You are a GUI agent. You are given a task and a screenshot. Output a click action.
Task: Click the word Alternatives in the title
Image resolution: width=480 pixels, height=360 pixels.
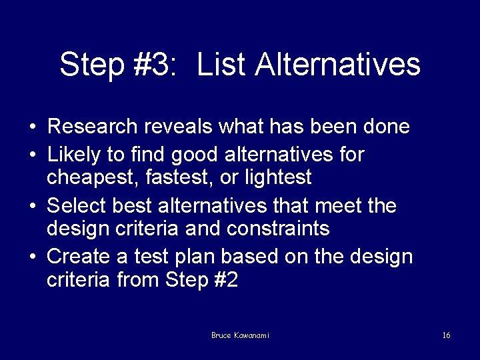pos(338,65)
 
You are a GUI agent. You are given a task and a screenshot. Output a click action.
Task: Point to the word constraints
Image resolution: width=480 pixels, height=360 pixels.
pos(278,229)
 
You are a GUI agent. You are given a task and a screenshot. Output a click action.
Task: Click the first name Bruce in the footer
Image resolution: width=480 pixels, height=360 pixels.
pos(221,335)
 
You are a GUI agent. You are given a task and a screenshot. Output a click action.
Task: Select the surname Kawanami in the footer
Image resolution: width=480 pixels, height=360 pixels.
pos(251,335)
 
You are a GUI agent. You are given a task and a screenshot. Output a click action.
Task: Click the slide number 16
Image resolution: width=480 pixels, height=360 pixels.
pos(446,335)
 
